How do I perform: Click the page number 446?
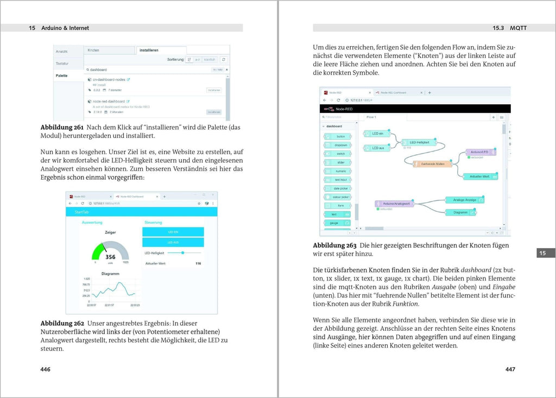[x=46, y=369]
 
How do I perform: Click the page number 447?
[x=510, y=369]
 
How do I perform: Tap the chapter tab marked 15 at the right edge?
[x=543, y=252]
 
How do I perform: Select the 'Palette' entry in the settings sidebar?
[x=61, y=75]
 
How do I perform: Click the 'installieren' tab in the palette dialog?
[x=149, y=50]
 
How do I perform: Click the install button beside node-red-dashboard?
[x=213, y=112]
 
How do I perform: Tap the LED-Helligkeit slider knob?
[x=183, y=252]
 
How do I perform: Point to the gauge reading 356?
[x=110, y=257]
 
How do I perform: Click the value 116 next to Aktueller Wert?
[x=198, y=263]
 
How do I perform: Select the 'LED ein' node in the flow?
[x=377, y=134]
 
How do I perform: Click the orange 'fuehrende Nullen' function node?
[x=429, y=163]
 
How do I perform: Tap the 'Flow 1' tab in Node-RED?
[x=372, y=117]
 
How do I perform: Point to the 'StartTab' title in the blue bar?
[x=83, y=212]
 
